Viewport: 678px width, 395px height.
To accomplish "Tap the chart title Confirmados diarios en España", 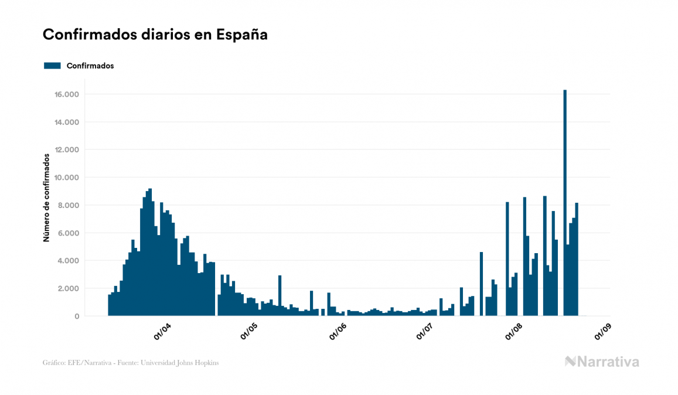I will [155, 35].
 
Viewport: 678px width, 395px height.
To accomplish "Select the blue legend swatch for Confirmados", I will [52, 66].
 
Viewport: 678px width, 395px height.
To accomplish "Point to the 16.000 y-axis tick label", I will [67, 94].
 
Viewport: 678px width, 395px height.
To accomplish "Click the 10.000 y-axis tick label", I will [67, 178].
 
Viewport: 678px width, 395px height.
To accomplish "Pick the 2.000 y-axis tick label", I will [69, 288].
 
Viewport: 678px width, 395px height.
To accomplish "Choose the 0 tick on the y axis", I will [77, 316].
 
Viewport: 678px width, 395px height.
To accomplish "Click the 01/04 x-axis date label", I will [162, 332].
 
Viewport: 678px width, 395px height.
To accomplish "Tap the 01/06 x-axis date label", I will [338, 332].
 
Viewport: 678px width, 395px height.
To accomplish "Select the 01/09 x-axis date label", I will [603, 332].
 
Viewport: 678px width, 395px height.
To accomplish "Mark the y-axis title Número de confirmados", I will [46, 197].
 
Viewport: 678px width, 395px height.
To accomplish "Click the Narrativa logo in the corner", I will [602, 362].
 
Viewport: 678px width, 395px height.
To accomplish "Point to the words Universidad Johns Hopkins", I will [183, 363].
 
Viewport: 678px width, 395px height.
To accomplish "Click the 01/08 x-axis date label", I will [515, 332].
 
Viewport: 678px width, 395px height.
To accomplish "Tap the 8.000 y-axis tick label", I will [69, 205].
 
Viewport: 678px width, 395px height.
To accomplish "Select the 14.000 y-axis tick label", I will [67, 122].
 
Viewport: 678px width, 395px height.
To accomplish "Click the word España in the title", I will [242, 35].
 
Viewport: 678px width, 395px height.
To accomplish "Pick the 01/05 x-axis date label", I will [250, 332].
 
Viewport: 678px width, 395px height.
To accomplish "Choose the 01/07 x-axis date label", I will [426, 332].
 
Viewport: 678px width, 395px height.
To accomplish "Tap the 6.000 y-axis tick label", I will [69, 233].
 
